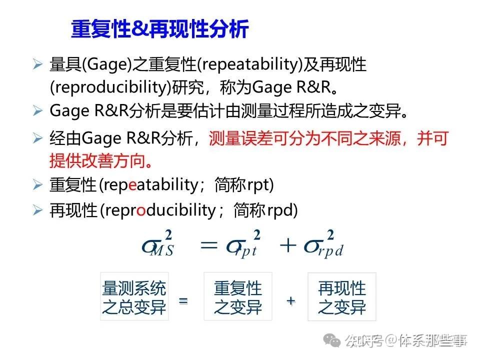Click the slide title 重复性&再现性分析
159,29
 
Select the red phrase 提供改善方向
100,161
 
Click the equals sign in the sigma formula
208,245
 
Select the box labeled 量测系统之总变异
134,296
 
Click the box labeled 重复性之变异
238,296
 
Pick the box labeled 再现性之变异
342,296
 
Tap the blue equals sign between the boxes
183,301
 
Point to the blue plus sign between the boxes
290,301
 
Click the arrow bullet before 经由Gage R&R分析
38,138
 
